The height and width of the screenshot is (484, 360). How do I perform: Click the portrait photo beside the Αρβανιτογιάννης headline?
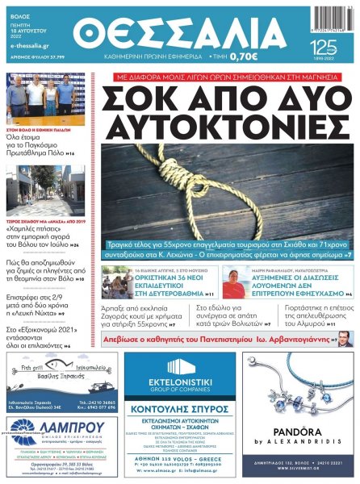345,338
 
